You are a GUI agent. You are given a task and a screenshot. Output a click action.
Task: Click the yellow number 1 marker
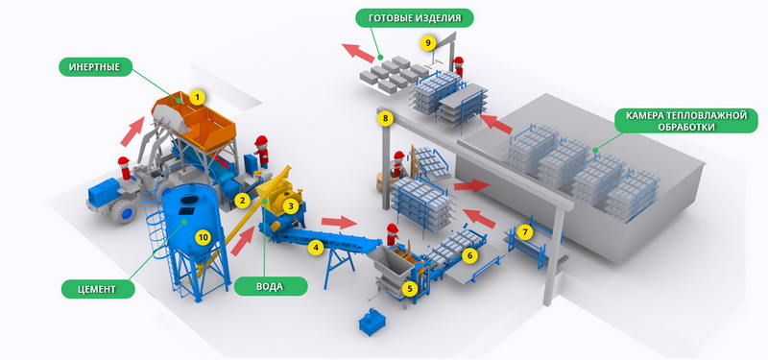coord(197,98)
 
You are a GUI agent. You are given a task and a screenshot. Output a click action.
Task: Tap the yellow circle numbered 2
coord(241,200)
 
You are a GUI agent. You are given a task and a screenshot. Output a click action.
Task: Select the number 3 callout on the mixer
coord(291,206)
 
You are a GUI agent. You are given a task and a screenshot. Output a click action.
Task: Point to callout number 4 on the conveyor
coord(316,248)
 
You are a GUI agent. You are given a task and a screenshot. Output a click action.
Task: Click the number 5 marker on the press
coord(410,289)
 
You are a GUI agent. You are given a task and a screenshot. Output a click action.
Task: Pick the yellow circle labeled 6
coord(469,254)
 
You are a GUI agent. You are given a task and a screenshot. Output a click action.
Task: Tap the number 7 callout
coord(525,231)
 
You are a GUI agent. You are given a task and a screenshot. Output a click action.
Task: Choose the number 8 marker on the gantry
coord(386,118)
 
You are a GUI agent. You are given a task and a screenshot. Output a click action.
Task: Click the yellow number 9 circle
coord(427,43)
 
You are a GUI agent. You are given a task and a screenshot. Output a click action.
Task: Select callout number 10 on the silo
coord(203,237)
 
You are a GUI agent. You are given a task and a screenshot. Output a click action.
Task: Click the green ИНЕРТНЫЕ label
coord(96,67)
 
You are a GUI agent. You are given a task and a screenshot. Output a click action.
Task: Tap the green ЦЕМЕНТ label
coord(98,289)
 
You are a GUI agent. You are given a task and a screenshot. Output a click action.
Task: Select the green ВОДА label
coord(271,286)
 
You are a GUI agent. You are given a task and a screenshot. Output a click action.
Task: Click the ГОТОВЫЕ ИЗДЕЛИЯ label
coord(415,18)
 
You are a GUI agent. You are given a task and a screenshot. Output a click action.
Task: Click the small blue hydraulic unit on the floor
coord(372,322)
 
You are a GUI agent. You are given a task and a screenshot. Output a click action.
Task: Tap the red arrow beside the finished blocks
coord(358,53)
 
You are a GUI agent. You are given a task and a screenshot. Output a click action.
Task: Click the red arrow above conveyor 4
coord(340,223)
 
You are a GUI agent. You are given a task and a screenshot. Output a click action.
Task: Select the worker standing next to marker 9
coord(458,66)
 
